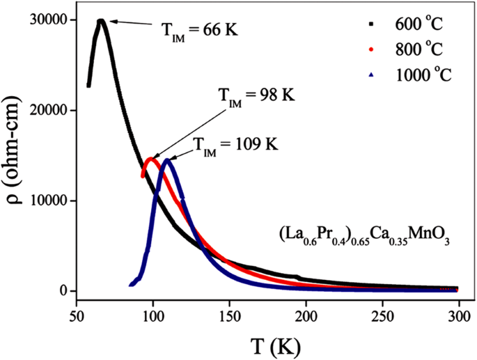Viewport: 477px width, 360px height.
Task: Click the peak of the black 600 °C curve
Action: (101, 21)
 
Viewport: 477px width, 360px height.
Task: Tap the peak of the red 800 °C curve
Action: (150, 159)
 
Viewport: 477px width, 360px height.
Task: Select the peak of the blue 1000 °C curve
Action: (167, 160)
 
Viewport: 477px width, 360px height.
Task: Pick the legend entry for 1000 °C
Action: (416, 75)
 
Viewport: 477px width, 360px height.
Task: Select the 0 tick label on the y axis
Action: (62, 291)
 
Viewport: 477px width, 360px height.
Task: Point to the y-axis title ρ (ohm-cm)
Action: (15, 156)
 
